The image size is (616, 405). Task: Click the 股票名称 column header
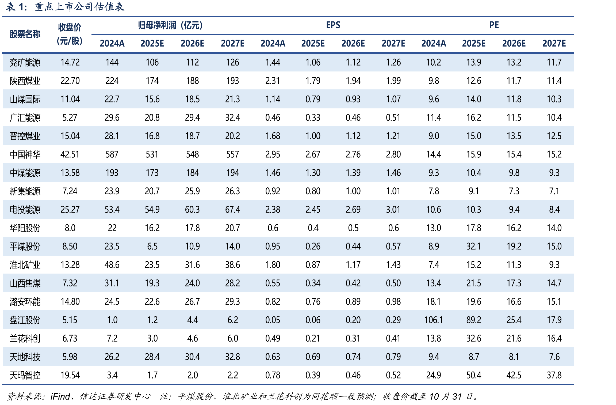(25, 34)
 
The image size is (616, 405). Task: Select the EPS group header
(333, 25)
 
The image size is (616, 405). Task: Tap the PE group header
(494, 25)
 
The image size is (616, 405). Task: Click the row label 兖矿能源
(25, 63)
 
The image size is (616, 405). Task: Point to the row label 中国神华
(25, 154)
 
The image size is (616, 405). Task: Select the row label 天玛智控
(25, 375)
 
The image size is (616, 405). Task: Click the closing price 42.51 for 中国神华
(70, 154)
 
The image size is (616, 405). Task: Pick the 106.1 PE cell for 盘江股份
(434, 320)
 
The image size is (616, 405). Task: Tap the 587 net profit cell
(112, 154)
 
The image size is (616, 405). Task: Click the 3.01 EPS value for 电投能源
(393, 210)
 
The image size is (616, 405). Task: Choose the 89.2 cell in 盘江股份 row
(474, 320)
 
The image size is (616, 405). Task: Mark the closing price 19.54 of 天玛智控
(70, 375)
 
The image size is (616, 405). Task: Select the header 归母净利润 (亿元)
(171, 25)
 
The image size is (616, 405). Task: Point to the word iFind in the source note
(60, 396)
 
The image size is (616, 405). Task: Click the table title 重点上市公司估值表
(79, 7)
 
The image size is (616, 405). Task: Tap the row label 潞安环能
(25, 302)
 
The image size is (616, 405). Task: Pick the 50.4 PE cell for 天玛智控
(474, 375)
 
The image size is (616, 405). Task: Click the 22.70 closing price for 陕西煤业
(70, 81)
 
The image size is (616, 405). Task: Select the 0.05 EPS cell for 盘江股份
(273, 320)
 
